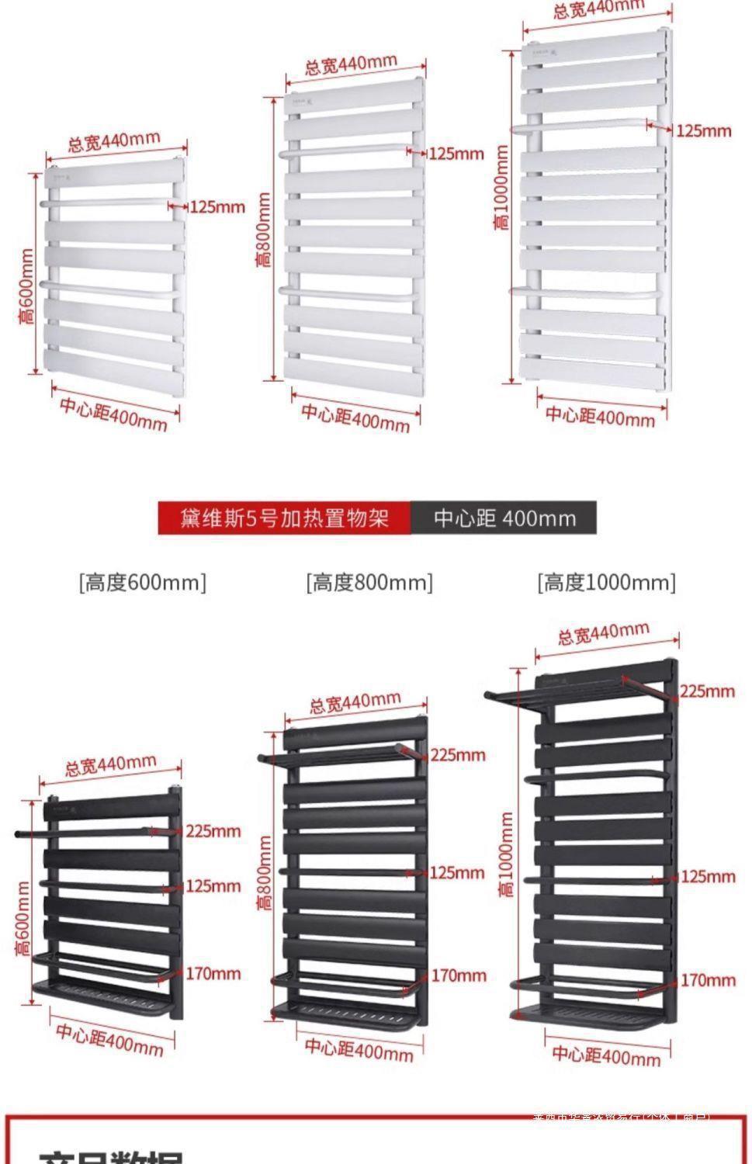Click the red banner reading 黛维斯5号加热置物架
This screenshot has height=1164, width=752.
point(284,518)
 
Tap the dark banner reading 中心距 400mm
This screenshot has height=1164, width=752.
point(504,518)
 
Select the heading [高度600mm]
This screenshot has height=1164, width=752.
point(143,582)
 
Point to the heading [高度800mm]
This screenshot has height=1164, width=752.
point(369,582)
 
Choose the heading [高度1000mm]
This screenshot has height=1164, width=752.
point(606,582)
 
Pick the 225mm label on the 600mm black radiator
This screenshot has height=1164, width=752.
point(213,831)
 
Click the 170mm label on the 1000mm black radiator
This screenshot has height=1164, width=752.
point(708,980)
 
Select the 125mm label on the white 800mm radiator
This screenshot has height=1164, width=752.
point(456,153)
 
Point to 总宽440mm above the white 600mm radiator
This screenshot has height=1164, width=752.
point(114,142)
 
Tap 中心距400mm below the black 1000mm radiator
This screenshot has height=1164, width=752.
point(606,1055)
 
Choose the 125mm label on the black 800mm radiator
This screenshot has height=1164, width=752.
point(456,873)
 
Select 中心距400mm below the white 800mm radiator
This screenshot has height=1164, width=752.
point(355,417)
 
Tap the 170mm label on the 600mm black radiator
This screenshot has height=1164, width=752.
point(213,973)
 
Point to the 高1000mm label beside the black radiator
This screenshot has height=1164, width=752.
point(506,854)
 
